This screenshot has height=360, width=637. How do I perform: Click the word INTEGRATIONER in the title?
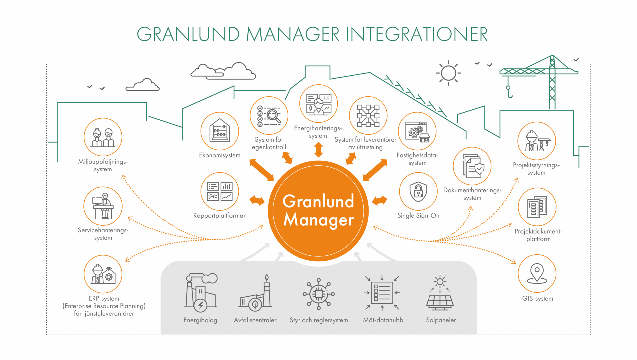coord(416,34)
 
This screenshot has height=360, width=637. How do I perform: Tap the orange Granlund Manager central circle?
coord(318,211)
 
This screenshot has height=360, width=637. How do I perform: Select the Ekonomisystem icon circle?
coord(220,131)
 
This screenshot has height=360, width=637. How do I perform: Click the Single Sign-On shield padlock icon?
coord(418,191)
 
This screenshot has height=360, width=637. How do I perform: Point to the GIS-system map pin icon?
coord(537,274)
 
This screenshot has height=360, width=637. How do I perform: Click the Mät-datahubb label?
coord(383,320)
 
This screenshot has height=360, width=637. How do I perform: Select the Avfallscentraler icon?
coord(255,293)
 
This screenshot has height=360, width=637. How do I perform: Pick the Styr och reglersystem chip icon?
coord(319,294)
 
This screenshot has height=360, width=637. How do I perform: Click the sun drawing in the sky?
coord(448,73)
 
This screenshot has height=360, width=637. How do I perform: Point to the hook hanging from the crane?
coord(509,92)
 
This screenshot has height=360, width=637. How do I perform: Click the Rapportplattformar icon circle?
coord(220,192)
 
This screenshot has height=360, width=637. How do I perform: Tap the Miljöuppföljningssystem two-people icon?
coord(103,137)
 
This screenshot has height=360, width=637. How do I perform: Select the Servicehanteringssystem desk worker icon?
coord(103,206)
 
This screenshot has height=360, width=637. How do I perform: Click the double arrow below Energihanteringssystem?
coord(318,150)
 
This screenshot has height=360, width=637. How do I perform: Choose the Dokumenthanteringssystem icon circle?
coord(472,166)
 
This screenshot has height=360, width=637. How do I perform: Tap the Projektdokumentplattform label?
coord(538,235)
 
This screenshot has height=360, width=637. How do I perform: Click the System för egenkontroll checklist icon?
coord(269,116)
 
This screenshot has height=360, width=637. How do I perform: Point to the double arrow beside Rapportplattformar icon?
coord(257,200)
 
